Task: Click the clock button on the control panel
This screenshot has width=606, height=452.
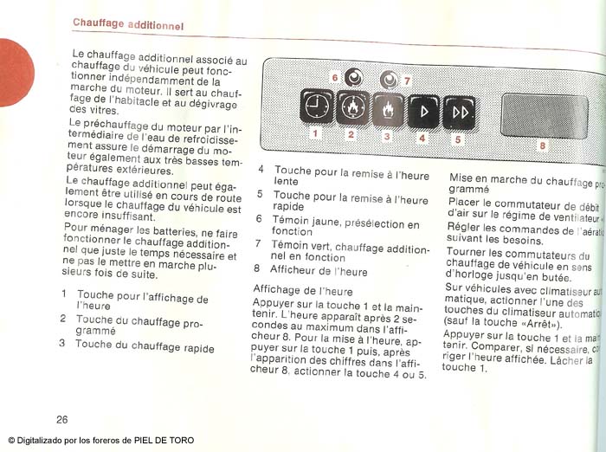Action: coord(315,108)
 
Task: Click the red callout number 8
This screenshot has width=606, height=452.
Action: coord(543,145)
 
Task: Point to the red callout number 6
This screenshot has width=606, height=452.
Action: coord(335,77)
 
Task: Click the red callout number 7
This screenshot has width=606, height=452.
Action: coord(407,80)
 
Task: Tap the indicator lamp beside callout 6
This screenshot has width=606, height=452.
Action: coord(353,77)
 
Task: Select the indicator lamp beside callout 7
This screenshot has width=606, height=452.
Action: coord(389,80)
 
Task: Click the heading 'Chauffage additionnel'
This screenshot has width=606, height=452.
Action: coord(128,23)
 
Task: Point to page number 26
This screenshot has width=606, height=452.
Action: coord(62,419)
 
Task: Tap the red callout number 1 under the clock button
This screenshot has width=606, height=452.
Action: coord(315,134)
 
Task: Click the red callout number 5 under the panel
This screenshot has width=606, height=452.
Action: coord(458,139)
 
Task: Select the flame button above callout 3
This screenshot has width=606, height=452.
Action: coord(387,110)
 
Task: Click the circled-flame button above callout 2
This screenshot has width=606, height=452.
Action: coord(351,109)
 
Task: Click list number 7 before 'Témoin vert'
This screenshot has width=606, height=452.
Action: coord(258,244)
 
